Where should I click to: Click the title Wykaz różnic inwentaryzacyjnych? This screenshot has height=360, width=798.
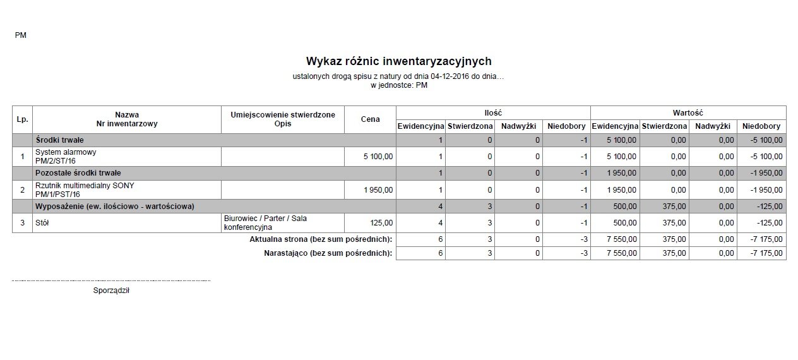coord(398,61)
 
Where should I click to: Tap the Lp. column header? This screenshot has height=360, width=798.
coord(22,119)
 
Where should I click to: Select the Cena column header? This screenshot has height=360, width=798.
coord(370,119)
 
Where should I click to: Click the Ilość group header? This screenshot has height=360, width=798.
coord(492,112)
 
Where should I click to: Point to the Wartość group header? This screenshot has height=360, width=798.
coord(688,112)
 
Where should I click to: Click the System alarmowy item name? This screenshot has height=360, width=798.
coord(66,152)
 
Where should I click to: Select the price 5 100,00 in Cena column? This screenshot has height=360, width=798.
coord(378,156)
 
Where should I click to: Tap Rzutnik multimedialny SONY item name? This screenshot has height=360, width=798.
coord(85,186)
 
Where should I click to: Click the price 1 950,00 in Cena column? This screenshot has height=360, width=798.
coord(378,189)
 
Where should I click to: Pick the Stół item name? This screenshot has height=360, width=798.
coord(43,223)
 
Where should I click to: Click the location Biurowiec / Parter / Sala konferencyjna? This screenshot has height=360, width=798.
coord(265,222)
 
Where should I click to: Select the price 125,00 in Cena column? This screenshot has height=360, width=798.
coord(381,223)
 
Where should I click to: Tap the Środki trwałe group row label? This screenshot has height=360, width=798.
coord(60,140)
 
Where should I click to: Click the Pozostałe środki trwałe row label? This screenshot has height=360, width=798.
coord(78,172)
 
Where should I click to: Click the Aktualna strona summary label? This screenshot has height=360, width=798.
coord(321,239)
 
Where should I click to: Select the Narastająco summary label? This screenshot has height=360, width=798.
coord(328,253)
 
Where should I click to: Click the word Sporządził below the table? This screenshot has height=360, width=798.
coord(110,291)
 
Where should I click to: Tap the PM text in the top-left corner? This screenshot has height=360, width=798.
coord(20,35)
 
